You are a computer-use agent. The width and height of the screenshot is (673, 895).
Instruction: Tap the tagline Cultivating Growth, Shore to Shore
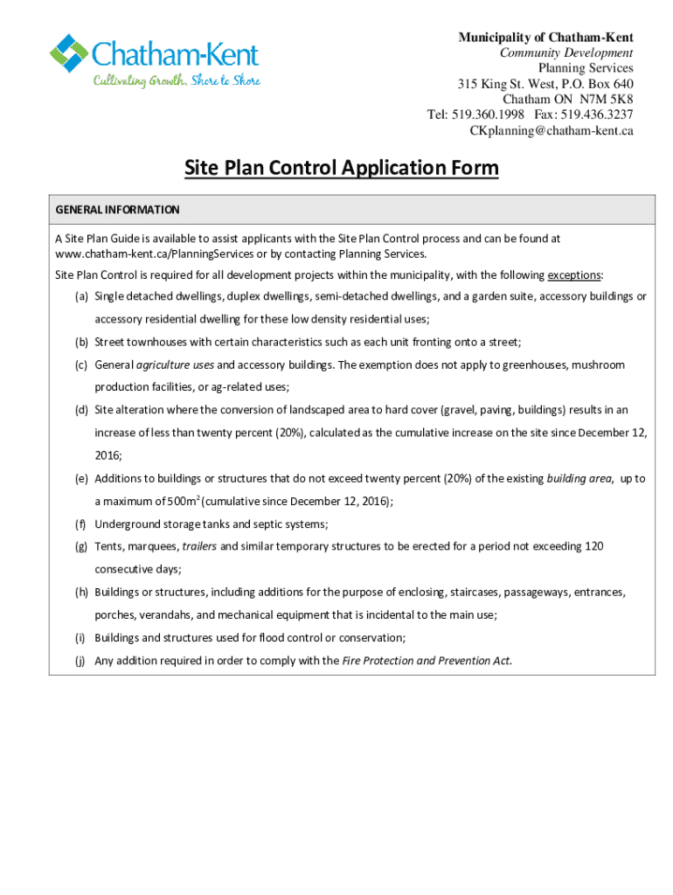point(177,81)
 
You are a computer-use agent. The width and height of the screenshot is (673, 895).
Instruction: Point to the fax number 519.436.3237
point(597,114)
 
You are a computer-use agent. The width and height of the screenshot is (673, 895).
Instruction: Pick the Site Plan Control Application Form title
point(341,168)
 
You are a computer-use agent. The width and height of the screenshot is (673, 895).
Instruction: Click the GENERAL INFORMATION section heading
point(117,210)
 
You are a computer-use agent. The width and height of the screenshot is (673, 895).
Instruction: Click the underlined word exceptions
point(574,274)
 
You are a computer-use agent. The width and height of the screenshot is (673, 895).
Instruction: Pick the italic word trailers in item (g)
point(199,546)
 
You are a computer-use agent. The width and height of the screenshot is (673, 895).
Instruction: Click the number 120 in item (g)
point(593,546)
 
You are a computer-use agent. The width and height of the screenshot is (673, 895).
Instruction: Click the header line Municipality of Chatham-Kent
point(546,37)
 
